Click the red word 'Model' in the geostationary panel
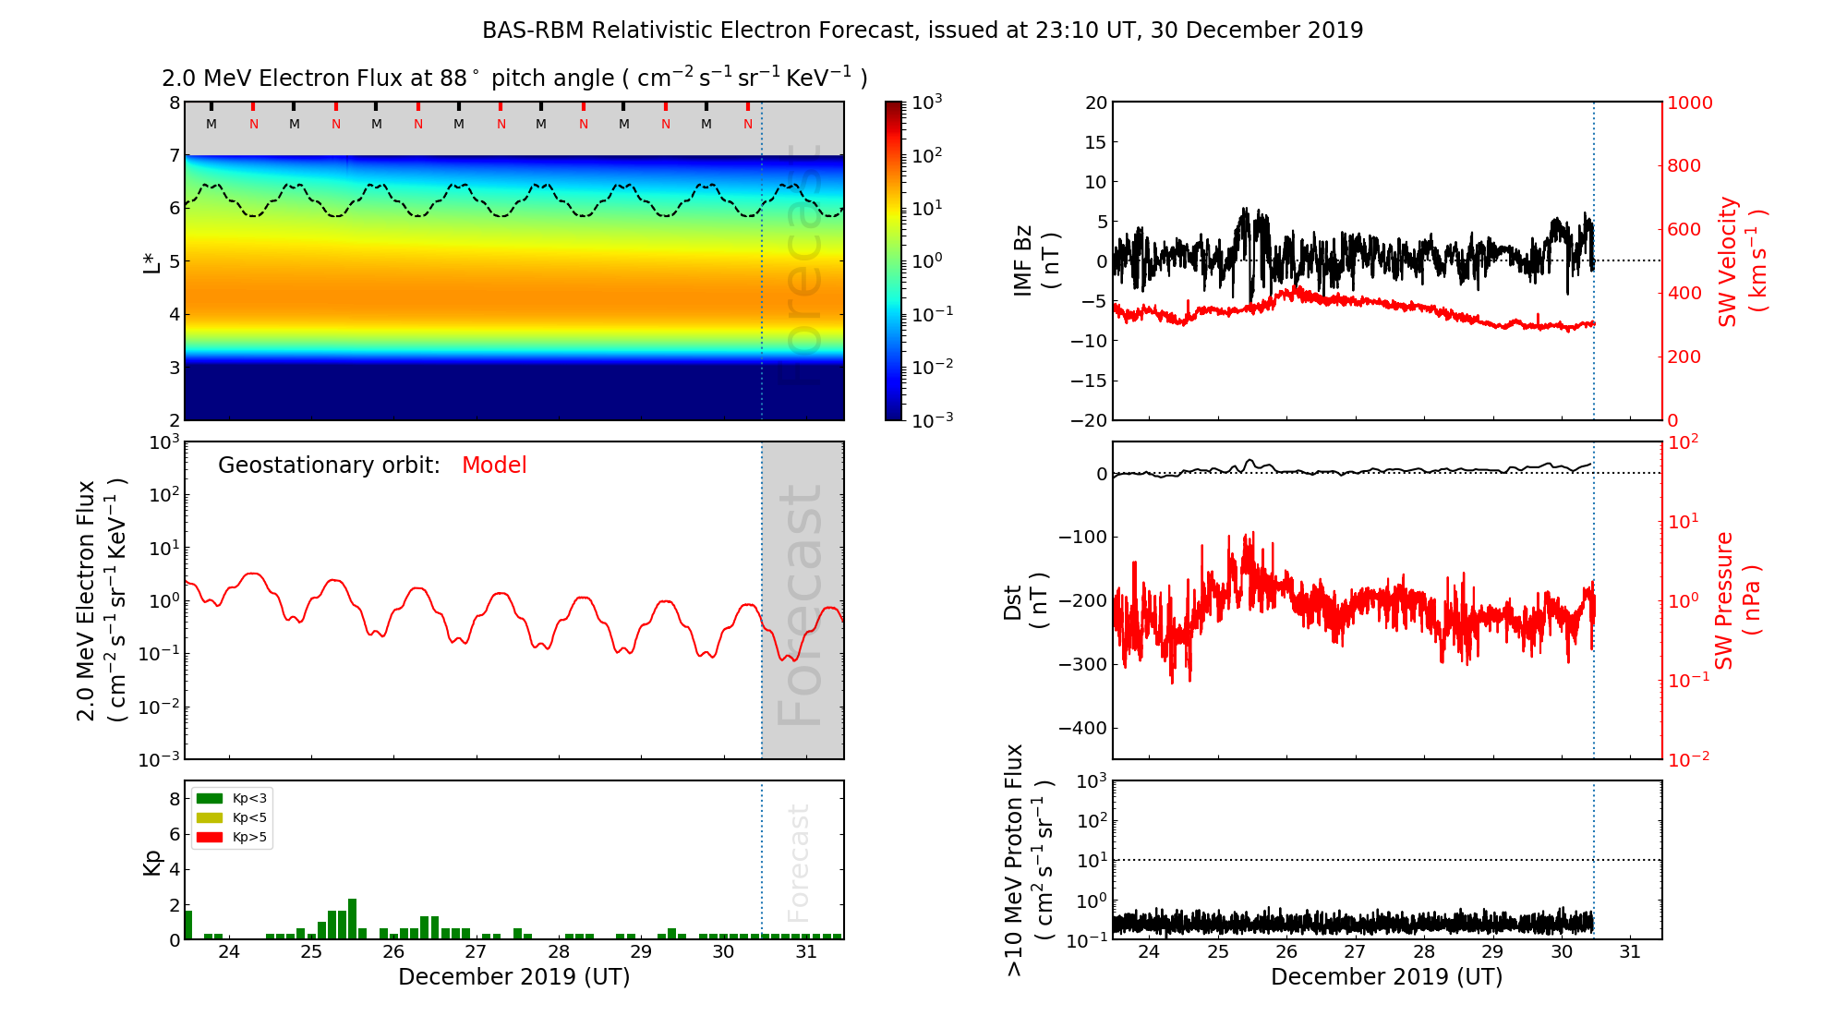coord(494,466)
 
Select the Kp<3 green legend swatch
coord(210,798)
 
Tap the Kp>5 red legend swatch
coord(210,838)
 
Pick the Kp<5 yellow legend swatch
coord(210,818)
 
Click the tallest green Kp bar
coord(352,918)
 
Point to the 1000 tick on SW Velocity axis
coord(1689,103)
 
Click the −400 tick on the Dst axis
coord(1082,728)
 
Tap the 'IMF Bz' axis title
coord(1023,262)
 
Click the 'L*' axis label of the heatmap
coord(151,261)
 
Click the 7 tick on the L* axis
coord(174,155)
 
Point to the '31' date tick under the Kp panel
coord(806,952)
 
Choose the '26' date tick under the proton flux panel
coord(1286,952)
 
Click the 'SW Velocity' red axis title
coord(1728,261)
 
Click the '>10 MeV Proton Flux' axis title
coord(1015,860)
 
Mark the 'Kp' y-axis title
coord(152,862)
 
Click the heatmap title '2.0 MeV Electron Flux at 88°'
coord(320,79)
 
